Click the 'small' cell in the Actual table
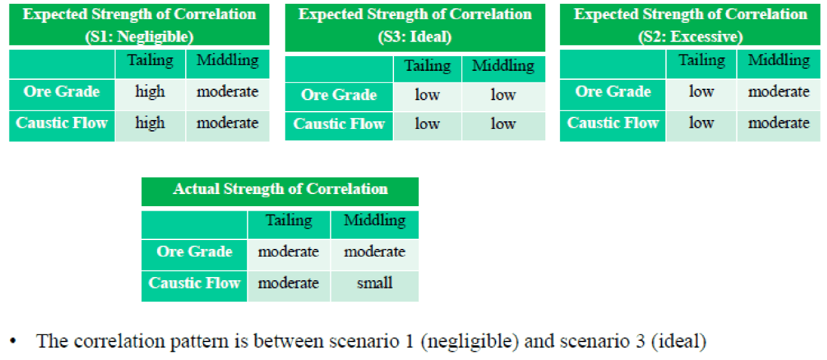375,286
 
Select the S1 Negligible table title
139,25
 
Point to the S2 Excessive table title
690,25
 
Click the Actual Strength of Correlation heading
280,189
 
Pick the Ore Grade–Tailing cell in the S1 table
150,94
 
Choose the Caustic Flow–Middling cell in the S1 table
228,126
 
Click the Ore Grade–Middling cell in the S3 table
503,96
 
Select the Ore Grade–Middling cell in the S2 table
778,94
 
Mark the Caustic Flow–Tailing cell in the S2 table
701,126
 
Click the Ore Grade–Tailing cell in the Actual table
289,255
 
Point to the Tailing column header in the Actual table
289,225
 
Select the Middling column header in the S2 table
778,64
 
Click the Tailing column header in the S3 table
427,69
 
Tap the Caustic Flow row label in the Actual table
194,286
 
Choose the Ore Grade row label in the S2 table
613,94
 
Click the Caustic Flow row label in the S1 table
62,126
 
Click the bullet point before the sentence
13,341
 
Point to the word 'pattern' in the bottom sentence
199,341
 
